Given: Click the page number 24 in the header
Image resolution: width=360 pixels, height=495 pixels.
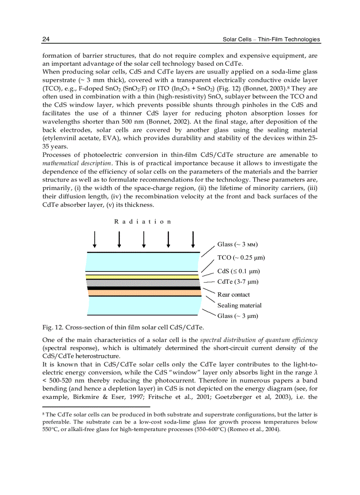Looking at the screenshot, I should click(45, 39).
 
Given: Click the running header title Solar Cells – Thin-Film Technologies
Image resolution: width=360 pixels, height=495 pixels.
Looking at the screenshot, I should click(271, 39).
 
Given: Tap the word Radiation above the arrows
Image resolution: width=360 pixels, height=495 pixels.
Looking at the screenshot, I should click(142, 222).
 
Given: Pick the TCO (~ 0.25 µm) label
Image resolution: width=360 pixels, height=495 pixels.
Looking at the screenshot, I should click(241, 257).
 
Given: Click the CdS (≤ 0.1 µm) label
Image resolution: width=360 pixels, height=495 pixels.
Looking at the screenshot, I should click(238, 271).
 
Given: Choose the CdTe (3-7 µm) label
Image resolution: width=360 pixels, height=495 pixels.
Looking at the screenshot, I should click(238, 282).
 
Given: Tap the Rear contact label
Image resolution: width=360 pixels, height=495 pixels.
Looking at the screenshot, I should click(233, 294).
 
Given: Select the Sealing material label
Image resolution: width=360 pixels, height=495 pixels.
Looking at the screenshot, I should click(239, 305).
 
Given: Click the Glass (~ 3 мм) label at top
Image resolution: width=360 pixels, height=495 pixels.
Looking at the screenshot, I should click(237, 244).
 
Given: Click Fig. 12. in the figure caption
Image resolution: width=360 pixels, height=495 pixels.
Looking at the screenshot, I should click(52, 327).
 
